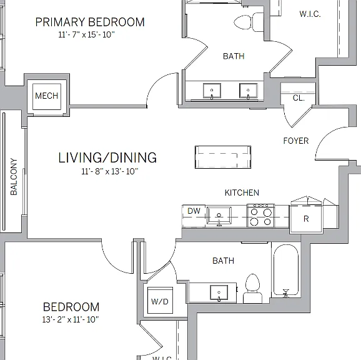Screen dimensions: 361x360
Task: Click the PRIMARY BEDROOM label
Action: point(90,22)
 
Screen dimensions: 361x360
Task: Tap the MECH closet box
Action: point(47,96)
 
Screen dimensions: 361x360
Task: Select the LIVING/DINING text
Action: point(107,157)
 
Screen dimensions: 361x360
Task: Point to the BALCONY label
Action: point(14,177)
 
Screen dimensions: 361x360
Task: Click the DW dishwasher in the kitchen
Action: point(194,216)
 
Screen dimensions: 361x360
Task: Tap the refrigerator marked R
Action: point(306,219)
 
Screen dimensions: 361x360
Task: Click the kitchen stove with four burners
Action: point(260,216)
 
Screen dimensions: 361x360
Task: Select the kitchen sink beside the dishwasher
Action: point(219,216)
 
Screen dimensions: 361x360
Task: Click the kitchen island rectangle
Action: point(223,157)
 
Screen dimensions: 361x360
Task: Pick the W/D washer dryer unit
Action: point(160,301)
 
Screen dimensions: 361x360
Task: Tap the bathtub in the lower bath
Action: point(286,270)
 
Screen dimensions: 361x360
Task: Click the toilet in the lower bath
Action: point(252,288)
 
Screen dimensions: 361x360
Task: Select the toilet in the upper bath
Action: point(249,22)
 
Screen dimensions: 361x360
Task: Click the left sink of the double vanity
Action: point(212,91)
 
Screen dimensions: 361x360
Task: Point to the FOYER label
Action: point(296,141)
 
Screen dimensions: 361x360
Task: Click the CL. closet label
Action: point(299,98)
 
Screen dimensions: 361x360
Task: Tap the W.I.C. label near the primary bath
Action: point(310,14)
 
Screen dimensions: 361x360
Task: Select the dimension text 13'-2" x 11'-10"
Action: point(71,319)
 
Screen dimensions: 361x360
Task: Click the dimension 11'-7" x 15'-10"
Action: point(86,34)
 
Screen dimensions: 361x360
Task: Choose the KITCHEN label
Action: point(242,192)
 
